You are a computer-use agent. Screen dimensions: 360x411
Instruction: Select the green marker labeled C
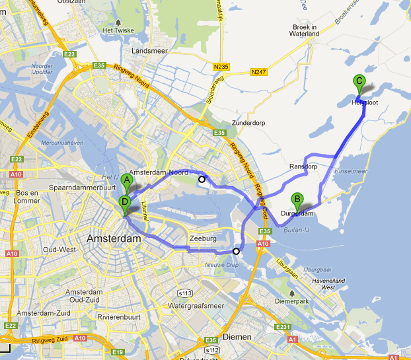(359, 83)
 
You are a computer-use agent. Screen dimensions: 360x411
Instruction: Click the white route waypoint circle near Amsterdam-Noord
(202, 178)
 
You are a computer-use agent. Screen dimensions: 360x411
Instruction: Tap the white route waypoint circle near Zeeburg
(236, 251)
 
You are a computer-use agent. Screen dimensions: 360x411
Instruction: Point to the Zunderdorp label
(248, 124)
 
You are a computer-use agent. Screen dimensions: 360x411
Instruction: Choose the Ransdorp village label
(303, 167)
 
